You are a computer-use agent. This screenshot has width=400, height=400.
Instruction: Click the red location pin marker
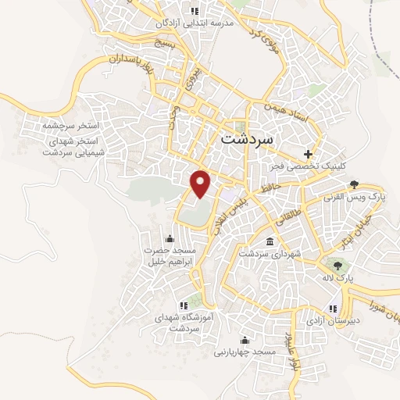coord(202,182)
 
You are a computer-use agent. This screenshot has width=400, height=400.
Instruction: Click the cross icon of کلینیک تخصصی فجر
coord(309,154)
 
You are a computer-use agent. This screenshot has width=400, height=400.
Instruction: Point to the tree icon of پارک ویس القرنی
coord(355,184)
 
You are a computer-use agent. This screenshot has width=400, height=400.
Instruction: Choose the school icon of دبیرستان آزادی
coord(334,309)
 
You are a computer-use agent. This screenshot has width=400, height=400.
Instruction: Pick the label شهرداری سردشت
coord(264,254)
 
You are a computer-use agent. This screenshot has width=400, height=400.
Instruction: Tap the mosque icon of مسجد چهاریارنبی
coord(245,340)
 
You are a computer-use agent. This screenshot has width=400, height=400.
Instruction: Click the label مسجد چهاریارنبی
coord(245,352)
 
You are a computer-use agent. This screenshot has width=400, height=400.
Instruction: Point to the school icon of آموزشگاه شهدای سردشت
coord(184,305)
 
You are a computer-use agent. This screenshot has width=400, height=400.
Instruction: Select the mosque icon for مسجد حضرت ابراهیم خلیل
coord(170,238)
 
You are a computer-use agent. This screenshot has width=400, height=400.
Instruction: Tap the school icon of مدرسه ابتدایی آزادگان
coord(194,11)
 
